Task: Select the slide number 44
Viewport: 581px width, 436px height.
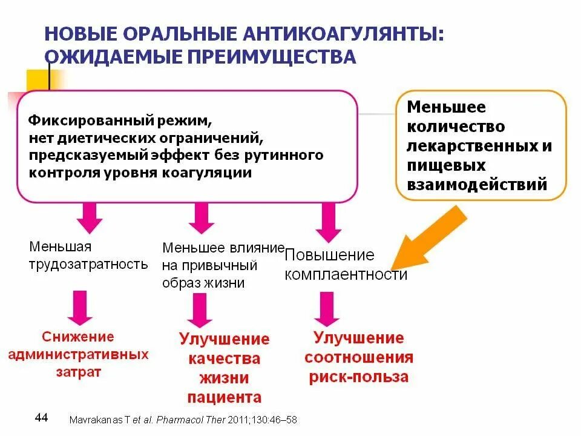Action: (x=42, y=417)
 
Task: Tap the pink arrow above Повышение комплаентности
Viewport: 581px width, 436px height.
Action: (x=327, y=222)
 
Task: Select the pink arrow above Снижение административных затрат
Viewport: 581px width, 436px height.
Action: (x=80, y=307)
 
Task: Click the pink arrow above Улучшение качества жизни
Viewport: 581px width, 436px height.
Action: (x=199, y=310)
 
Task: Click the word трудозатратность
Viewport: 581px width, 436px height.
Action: (x=88, y=264)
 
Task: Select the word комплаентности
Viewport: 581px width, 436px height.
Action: (x=346, y=274)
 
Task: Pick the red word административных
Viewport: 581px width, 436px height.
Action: (x=78, y=354)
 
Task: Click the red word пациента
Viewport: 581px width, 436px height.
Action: (x=225, y=397)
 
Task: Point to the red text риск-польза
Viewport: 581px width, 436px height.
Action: (x=358, y=377)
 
